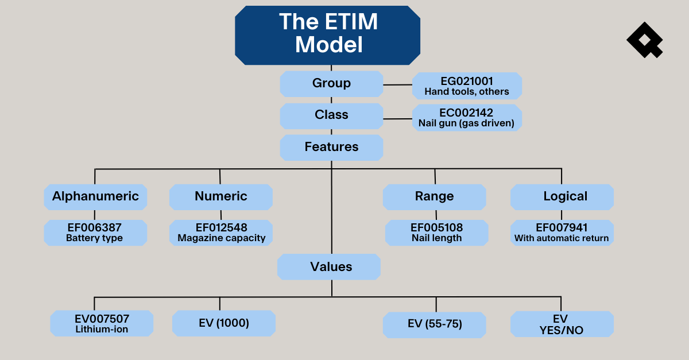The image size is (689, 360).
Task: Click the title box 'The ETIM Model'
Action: point(328,34)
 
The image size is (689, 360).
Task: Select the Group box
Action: point(331,84)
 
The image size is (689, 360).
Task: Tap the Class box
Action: point(331,115)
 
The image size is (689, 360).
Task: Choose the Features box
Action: point(331,147)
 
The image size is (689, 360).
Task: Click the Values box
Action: point(329,267)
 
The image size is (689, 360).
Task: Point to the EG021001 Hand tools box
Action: point(467,86)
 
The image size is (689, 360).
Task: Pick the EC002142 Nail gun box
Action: point(467,118)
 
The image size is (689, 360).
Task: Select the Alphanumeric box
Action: point(95,196)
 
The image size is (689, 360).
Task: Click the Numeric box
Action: point(221,196)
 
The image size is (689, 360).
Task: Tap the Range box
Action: point(435,196)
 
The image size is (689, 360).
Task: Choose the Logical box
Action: point(562,196)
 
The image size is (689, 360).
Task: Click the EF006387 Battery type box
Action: point(95,233)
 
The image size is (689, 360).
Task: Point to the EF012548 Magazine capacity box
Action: point(221,233)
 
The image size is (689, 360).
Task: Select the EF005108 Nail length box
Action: point(436,233)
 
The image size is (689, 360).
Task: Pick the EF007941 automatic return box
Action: point(562,233)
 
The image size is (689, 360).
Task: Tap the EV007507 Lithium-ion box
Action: point(102,323)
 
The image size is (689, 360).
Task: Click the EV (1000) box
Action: point(224,323)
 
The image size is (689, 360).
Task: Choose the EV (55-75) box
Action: point(435,324)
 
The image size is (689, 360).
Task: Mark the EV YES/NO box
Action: point(562,324)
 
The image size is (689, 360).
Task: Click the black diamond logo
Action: point(644,40)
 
